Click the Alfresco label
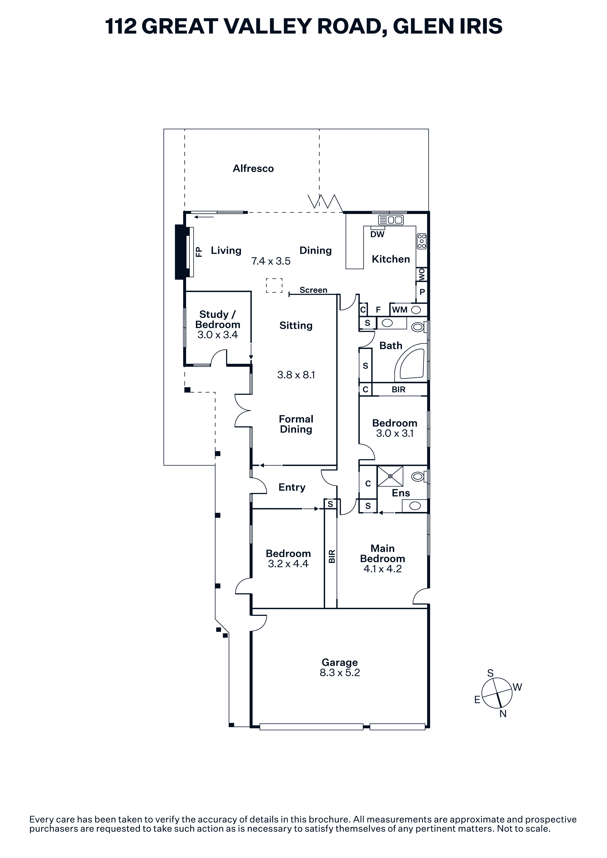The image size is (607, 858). pyautogui.click(x=253, y=169)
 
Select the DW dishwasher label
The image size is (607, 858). pyautogui.click(x=377, y=234)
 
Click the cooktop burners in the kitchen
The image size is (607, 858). pyautogui.click(x=422, y=241)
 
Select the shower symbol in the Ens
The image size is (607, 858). pyautogui.click(x=390, y=476)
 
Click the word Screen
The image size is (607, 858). pyautogui.click(x=313, y=290)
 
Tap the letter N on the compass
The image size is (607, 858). pyautogui.click(x=503, y=714)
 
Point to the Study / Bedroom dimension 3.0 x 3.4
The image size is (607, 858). pyautogui.click(x=218, y=335)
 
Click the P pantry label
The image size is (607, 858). pyautogui.click(x=422, y=292)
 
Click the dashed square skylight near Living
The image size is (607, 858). pyautogui.click(x=274, y=285)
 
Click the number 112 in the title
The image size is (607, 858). pyautogui.click(x=121, y=26)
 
